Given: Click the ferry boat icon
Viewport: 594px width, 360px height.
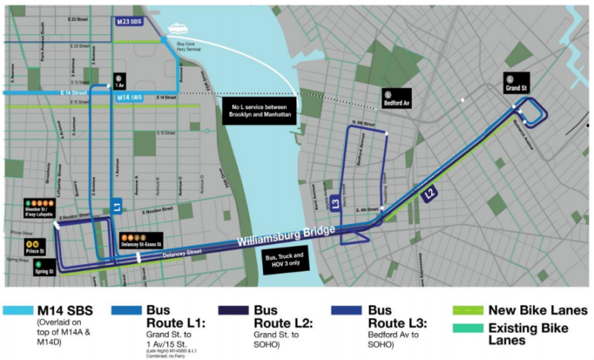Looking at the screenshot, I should point(178,28).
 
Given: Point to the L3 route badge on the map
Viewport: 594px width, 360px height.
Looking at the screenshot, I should point(336,203).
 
